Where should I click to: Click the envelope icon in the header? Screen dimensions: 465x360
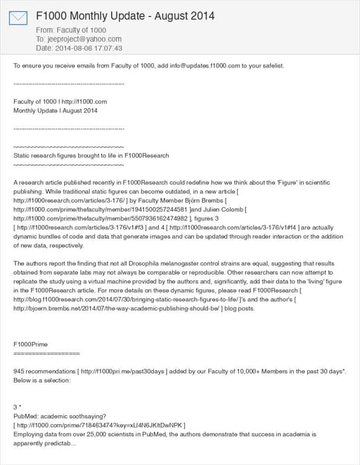(x=18, y=17)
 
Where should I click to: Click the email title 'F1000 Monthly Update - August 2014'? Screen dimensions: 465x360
(x=125, y=15)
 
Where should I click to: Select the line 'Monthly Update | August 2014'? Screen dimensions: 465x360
(x=56, y=110)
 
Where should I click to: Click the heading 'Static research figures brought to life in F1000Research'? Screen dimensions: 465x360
(x=91, y=155)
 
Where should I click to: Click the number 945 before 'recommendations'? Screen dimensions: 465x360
(x=20, y=370)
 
